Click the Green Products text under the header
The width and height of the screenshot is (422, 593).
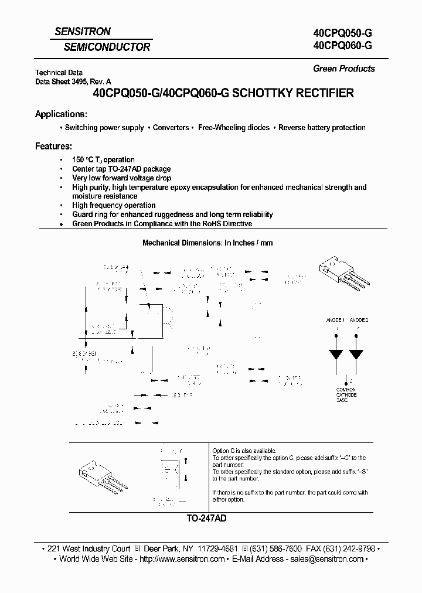343,69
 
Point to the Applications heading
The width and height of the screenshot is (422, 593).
61,114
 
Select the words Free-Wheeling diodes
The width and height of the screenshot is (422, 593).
234,128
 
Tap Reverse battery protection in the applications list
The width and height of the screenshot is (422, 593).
322,128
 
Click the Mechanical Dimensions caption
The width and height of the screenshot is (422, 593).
207,243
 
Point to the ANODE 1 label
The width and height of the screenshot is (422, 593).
335,321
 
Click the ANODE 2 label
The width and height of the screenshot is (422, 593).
359,321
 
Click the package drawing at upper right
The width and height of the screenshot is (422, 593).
342,275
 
